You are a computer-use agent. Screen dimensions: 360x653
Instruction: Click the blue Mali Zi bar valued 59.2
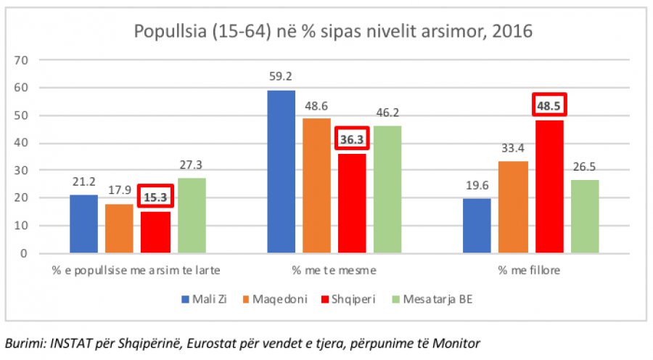point(282,172)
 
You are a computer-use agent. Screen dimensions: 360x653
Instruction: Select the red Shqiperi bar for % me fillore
point(549,187)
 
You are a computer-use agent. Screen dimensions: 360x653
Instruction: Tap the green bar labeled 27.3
point(192,216)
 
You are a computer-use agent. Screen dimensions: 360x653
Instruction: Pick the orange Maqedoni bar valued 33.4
point(513,208)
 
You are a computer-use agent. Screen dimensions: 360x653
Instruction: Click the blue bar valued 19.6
point(477,226)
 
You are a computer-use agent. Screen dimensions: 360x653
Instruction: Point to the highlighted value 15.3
point(155,197)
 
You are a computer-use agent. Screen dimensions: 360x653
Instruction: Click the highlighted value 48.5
point(549,105)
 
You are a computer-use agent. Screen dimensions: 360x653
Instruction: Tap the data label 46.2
point(387,112)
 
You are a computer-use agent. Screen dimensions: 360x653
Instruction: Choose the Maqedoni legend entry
point(268,298)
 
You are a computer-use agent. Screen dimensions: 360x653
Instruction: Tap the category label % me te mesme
point(334,271)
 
